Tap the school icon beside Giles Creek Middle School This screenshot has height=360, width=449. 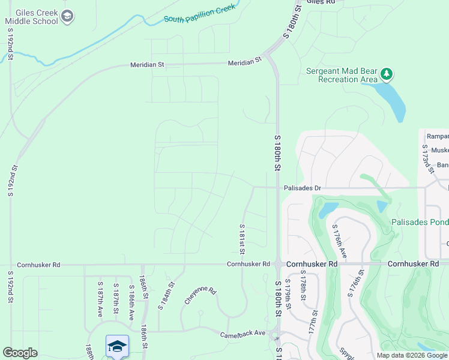point(67,16)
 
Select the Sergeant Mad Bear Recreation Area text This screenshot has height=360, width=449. point(342,74)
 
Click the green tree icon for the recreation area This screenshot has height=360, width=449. point(387,74)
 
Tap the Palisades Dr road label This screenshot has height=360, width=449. point(303,188)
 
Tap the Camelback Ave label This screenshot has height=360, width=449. point(243,333)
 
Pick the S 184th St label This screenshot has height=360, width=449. point(166,295)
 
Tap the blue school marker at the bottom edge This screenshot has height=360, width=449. point(118,347)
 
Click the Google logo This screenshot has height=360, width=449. point(20,353)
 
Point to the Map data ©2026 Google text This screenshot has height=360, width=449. point(411,355)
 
